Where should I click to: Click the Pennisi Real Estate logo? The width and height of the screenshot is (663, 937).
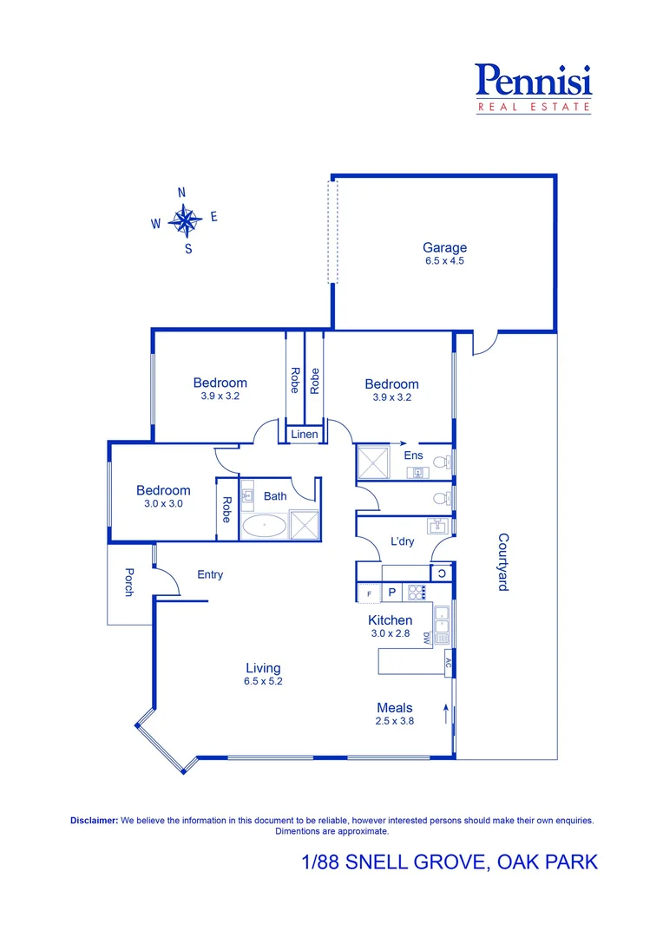tap(534, 88)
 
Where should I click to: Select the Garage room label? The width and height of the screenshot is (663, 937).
tap(444, 247)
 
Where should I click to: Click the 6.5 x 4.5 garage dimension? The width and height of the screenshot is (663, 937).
tap(444, 260)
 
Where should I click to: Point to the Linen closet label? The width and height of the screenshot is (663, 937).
tap(304, 434)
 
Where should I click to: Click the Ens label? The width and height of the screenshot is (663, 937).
tap(413, 455)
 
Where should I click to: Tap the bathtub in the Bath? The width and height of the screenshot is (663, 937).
tap(263, 526)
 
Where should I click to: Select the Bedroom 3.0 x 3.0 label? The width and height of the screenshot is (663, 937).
tap(162, 491)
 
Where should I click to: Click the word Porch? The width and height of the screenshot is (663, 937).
tap(129, 583)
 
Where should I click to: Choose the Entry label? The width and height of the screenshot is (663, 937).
tap(210, 574)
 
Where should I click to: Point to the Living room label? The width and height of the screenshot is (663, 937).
tap(263, 668)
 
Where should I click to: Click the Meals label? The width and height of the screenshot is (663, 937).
tap(394, 707)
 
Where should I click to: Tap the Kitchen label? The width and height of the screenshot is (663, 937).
tap(391, 619)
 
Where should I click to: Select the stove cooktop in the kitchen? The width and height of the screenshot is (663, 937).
tap(417, 593)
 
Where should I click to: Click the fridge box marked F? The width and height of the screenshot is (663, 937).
tap(369, 593)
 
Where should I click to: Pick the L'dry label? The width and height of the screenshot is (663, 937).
tap(402, 541)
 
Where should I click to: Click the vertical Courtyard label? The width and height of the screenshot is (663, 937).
tap(502, 562)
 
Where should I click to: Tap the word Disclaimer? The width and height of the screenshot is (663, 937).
tap(93, 820)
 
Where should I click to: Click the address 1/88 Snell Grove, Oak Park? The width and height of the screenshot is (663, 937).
tap(450, 862)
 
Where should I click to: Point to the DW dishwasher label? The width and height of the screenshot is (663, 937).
tap(427, 639)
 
